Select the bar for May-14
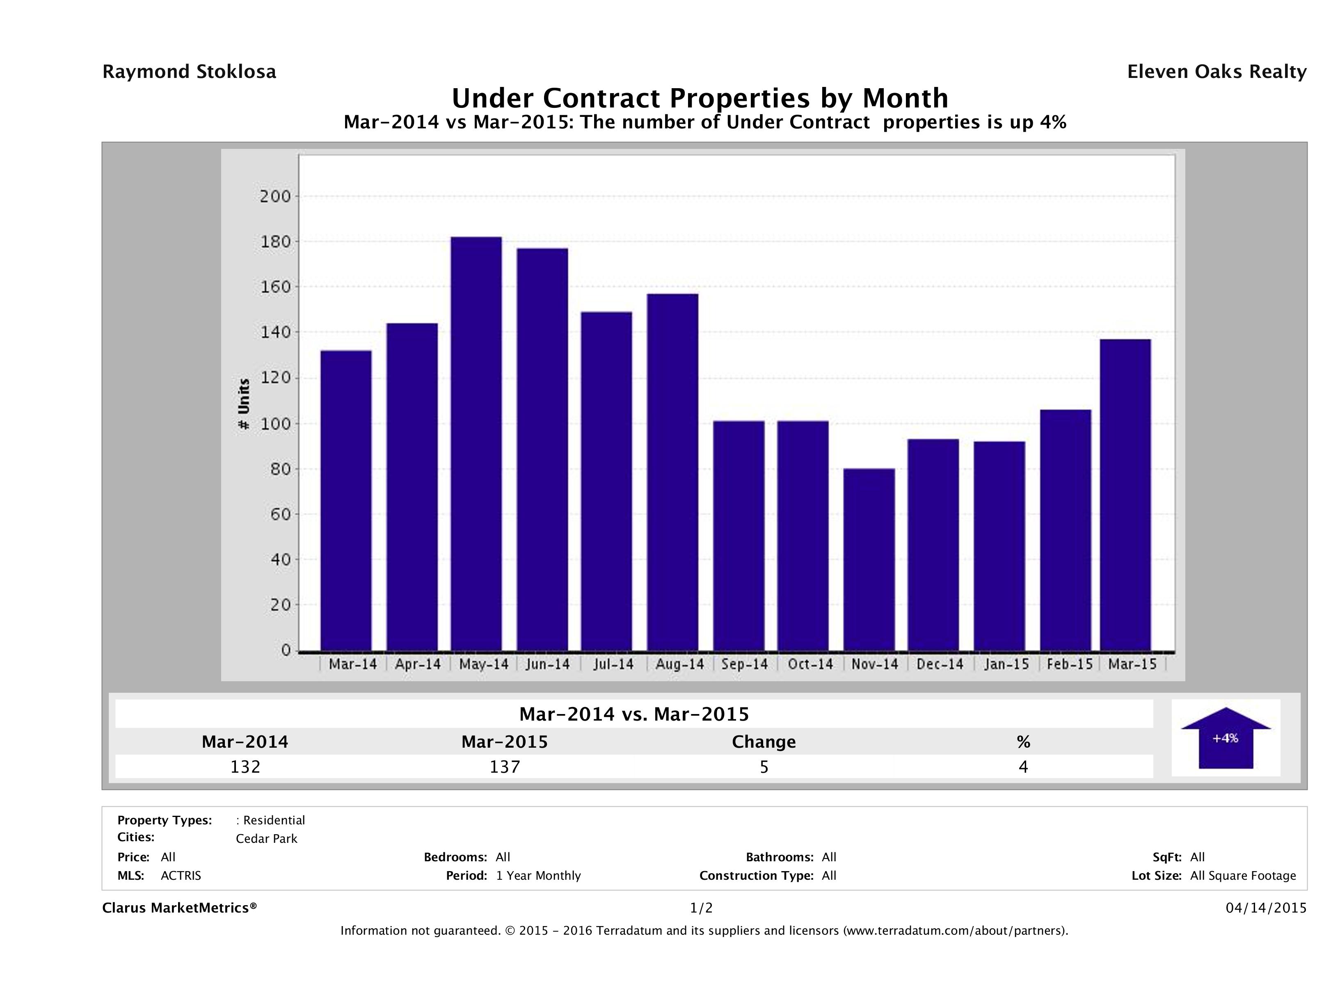tap(476, 443)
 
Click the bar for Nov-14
tap(869, 559)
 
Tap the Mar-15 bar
tap(1125, 495)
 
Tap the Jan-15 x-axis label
tap(1007, 664)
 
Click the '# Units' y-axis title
tap(244, 404)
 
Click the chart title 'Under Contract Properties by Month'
tap(700, 98)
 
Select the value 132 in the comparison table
tap(245, 767)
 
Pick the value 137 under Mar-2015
tap(505, 767)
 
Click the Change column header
tap(764, 742)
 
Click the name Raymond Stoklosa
tap(189, 72)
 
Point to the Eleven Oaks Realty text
tap(1216, 72)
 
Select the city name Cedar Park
tap(266, 839)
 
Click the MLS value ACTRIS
tap(181, 876)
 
